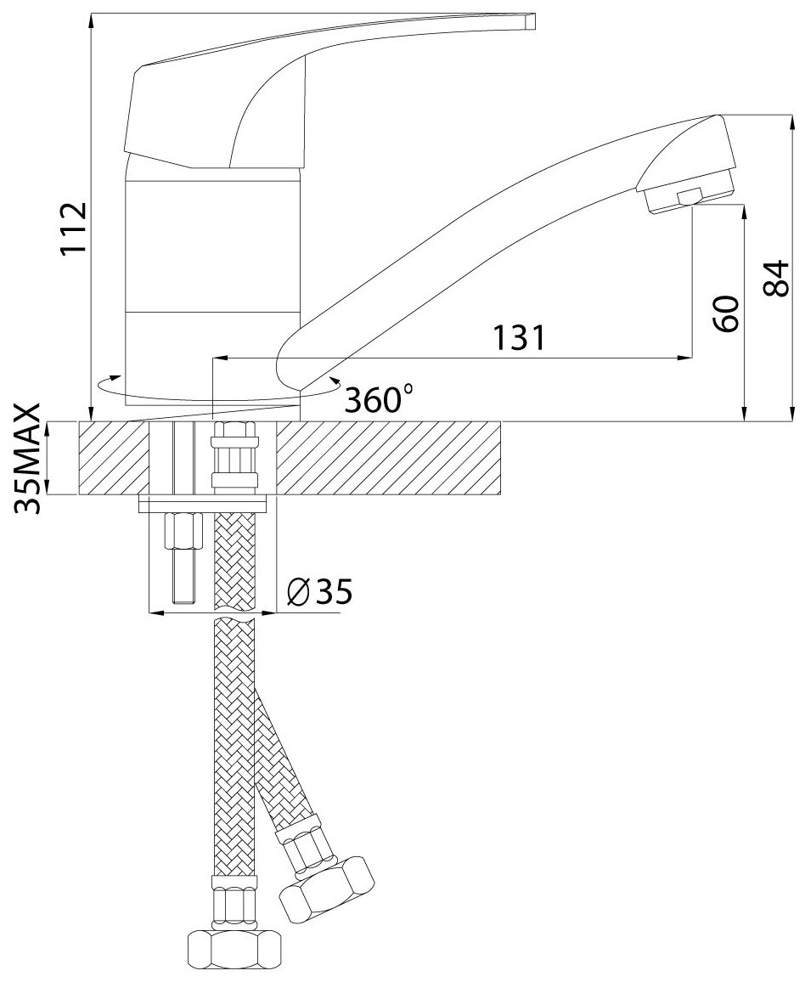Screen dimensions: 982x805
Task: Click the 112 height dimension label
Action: coord(75,228)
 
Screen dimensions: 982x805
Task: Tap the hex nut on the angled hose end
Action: coord(326,888)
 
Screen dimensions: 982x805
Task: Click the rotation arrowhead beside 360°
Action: coord(335,383)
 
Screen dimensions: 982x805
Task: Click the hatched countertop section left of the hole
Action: coord(115,459)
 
